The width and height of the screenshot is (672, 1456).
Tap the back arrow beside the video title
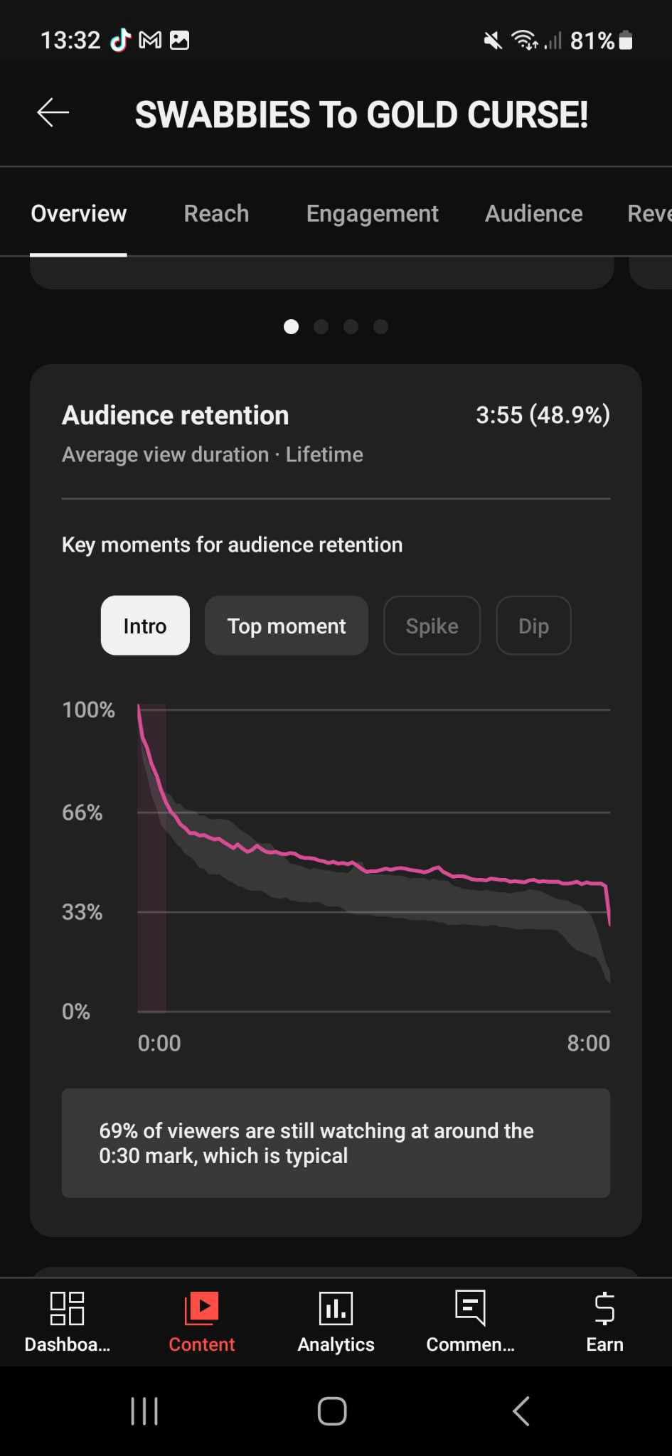(53, 112)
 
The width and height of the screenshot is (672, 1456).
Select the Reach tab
(216, 213)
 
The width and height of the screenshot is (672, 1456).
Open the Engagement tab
(372, 213)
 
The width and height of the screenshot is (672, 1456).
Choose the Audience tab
(533, 213)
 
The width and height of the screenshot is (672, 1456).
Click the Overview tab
(78, 213)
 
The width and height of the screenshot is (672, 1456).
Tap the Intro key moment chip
(145, 626)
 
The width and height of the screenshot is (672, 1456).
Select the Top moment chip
(286, 626)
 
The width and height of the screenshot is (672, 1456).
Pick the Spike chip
(432, 626)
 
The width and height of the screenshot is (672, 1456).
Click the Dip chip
(533, 626)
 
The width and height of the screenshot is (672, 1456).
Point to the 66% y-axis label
(82, 813)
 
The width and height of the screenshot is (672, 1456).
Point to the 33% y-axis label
(82, 912)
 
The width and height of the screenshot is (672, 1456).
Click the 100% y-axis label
(88, 710)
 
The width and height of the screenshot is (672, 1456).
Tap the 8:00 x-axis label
(588, 1043)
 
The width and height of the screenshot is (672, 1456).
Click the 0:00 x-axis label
(159, 1043)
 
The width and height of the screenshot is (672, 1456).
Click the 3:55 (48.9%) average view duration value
(543, 415)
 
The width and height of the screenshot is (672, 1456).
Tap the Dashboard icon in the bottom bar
(67, 1309)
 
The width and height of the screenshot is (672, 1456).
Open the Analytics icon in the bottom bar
(336, 1309)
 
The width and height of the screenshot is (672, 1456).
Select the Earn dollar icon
(604, 1309)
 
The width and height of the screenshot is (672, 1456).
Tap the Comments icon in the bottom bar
(470, 1309)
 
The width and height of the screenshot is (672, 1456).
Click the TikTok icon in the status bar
(120, 41)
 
